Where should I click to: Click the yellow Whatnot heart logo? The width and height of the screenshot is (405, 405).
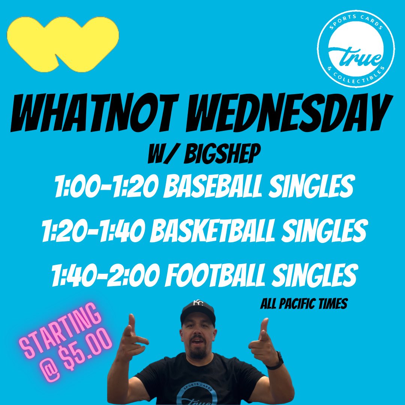click(63, 43)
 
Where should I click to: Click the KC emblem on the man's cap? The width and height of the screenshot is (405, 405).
click(198, 303)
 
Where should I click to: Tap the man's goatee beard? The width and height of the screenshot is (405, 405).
click(198, 352)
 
